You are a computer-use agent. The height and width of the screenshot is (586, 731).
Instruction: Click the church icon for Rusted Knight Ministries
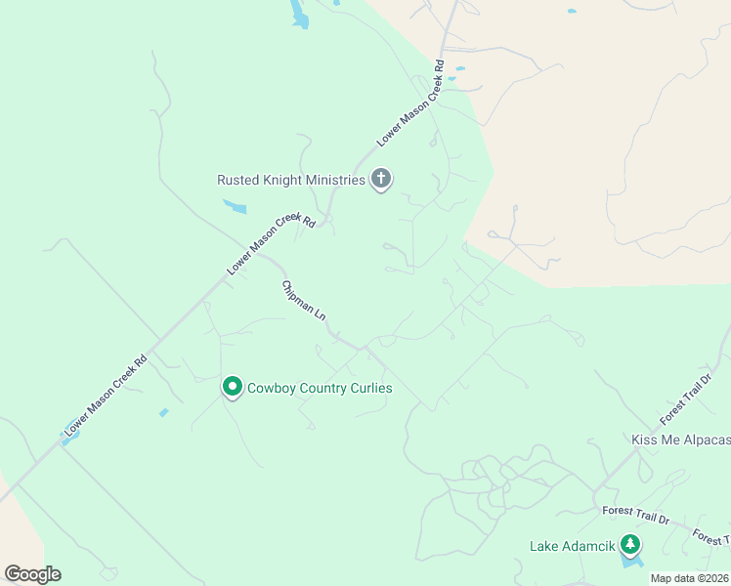click(x=381, y=179)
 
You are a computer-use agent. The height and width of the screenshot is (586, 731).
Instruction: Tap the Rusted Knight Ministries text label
click(x=290, y=180)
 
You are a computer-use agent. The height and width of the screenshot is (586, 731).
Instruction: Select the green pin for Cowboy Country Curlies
click(x=233, y=388)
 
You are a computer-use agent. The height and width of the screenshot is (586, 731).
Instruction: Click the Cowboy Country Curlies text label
click(x=320, y=388)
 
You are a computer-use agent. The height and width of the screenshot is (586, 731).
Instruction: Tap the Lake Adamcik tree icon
click(x=631, y=545)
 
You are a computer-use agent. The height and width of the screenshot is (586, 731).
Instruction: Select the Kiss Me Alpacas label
click(x=680, y=440)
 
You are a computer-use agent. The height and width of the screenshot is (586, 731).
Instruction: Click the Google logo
click(x=32, y=574)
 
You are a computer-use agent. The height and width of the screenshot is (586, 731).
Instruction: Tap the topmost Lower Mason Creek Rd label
click(x=411, y=104)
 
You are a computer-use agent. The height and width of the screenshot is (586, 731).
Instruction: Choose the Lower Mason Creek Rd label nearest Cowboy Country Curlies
click(x=106, y=394)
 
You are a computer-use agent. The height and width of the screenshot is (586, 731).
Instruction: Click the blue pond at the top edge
click(x=298, y=15)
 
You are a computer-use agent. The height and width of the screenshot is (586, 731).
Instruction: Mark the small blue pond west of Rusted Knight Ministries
click(x=235, y=206)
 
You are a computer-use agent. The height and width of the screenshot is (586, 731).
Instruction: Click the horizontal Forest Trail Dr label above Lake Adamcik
click(x=635, y=513)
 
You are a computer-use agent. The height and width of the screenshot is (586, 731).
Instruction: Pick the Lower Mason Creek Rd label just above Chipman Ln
click(x=271, y=244)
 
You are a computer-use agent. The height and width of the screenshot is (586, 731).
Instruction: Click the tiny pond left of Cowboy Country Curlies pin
click(x=164, y=412)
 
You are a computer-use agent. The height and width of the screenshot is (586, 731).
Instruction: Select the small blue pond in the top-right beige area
click(x=572, y=12)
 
